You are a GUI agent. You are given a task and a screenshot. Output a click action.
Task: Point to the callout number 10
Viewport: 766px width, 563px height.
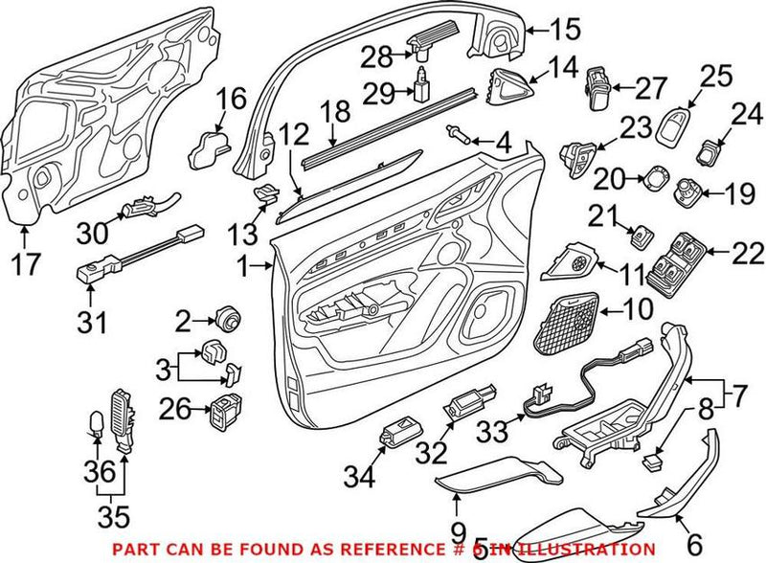635,308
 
